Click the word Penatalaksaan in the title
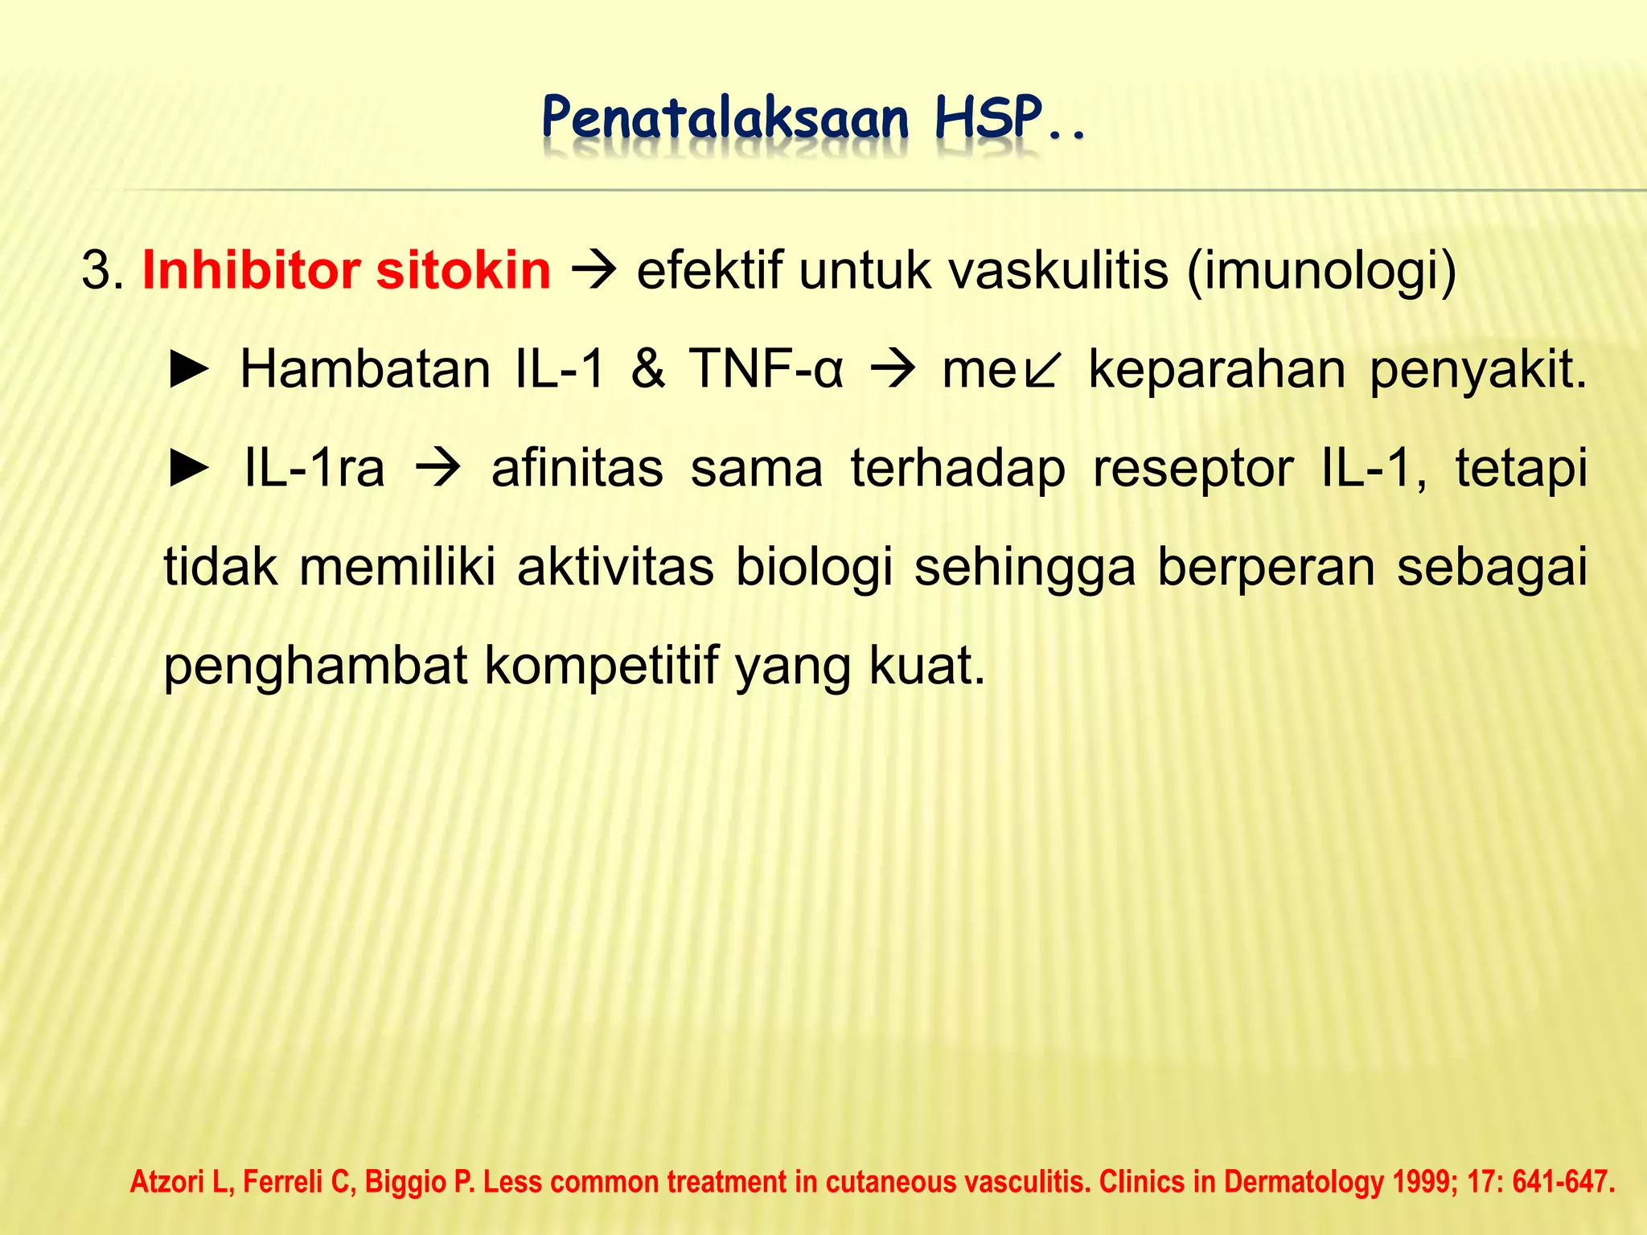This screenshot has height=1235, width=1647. click(725, 120)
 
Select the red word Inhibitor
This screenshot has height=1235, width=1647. click(250, 270)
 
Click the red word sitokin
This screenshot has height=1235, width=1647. click(463, 270)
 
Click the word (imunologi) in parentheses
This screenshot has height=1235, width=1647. click(1322, 272)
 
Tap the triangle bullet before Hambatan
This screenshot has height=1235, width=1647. click(189, 371)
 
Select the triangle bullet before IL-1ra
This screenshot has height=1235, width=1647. click(189, 469)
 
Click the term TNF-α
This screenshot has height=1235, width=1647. click(766, 370)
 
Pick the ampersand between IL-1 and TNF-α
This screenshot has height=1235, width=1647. click(648, 370)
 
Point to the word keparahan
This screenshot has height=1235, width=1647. click(1217, 370)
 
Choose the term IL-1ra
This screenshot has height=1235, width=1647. click(314, 469)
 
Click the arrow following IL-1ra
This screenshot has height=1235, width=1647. click(438, 470)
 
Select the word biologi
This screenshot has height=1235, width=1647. click(814, 568)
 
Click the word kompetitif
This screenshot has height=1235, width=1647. click(601, 667)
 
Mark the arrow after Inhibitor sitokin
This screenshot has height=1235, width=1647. click(593, 272)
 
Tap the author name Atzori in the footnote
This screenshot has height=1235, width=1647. click(179, 1182)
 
